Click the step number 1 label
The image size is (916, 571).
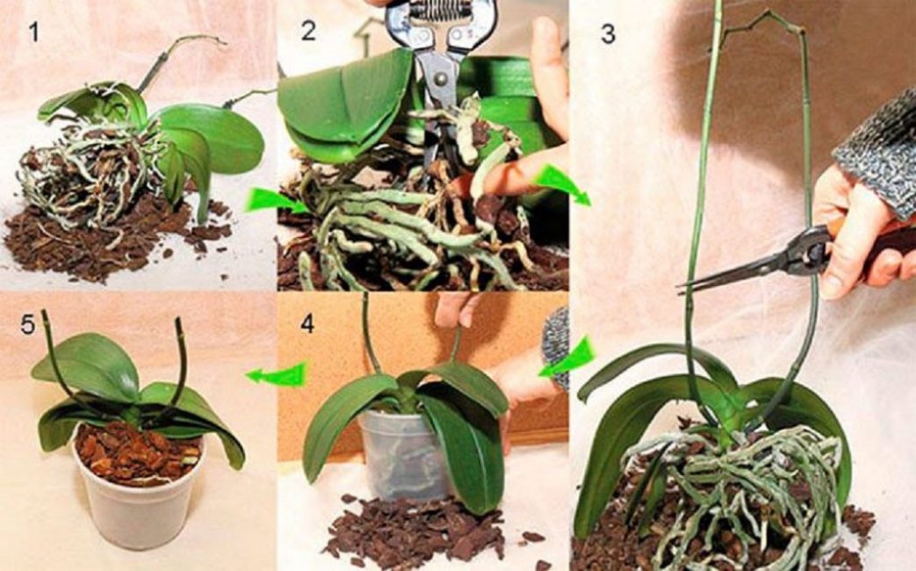(34, 34)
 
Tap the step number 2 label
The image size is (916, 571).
(307, 31)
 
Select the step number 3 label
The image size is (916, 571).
(608, 34)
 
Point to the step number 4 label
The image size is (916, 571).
(307, 323)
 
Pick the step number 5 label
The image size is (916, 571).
(28, 325)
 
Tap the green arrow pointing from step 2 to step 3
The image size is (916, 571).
(560, 184)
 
